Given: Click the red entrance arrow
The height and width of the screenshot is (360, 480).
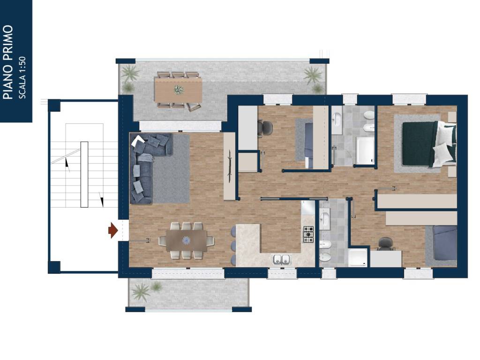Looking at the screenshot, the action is (x=113, y=230).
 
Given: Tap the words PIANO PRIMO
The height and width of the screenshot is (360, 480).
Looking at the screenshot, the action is (x=8, y=62).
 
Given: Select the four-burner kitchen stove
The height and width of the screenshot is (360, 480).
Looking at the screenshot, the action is (x=308, y=234).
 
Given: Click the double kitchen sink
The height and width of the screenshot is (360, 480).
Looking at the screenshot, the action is (x=281, y=259).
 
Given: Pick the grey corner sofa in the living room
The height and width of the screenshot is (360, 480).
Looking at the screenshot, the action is (x=147, y=168).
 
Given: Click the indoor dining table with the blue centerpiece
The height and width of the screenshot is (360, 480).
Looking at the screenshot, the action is (x=187, y=240).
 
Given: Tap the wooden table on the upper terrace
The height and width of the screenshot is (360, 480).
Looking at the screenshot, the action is (x=178, y=90).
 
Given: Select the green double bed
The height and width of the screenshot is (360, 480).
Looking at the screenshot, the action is (x=429, y=144).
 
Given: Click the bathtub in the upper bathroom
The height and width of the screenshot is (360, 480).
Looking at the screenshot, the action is (x=365, y=150).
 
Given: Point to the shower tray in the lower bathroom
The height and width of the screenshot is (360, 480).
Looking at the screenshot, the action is (x=358, y=257).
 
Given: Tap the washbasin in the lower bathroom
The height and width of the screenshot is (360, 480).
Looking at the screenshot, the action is (x=324, y=219).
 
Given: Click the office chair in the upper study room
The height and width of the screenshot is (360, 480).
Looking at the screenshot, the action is (x=265, y=127).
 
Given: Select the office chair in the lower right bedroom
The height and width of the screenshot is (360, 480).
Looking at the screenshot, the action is (x=386, y=244).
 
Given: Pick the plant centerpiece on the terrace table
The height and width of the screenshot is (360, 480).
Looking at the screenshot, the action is (x=179, y=90).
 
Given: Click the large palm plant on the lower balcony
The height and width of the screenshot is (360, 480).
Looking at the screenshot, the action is (x=141, y=291).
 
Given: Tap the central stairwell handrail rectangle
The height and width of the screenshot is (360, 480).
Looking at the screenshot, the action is (x=84, y=174).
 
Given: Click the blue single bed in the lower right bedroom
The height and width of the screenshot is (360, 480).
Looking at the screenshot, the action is (x=445, y=243).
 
